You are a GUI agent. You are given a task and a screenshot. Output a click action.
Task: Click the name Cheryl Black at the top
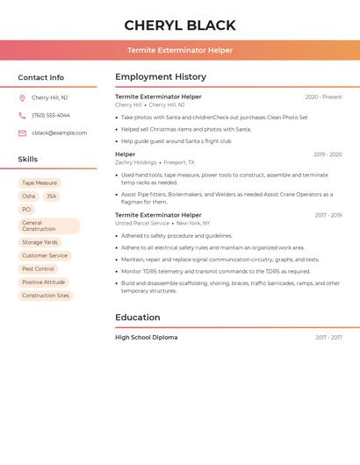(180, 25)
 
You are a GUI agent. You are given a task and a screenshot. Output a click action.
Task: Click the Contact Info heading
(40, 77)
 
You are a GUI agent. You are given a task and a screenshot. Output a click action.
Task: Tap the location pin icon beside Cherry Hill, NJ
(22, 98)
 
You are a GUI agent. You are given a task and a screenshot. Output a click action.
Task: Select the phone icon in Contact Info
(22, 116)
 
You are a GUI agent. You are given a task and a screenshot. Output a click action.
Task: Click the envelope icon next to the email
(22, 133)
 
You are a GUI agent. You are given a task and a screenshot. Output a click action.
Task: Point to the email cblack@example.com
(60, 133)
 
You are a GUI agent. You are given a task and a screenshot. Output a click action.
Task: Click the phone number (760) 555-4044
(51, 116)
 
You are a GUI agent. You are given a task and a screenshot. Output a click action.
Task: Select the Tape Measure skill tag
(40, 183)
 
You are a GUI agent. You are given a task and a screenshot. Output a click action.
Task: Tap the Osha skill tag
(29, 197)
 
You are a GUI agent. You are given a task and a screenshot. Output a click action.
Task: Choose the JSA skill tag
(51, 197)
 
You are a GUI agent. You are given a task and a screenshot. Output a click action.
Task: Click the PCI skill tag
(27, 210)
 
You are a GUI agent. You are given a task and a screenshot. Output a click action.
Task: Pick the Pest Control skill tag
(39, 269)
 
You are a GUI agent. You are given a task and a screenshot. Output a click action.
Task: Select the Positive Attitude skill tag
(44, 283)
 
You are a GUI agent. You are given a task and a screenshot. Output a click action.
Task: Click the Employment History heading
(161, 77)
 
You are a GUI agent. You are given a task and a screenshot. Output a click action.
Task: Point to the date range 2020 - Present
(323, 97)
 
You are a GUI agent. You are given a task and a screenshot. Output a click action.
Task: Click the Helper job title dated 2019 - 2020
(125, 154)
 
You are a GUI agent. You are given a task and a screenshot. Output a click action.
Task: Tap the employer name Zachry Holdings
(135, 162)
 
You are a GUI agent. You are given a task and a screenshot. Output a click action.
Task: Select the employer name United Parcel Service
(142, 223)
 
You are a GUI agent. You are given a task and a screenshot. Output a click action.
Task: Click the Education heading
(138, 318)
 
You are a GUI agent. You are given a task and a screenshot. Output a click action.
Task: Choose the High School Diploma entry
(146, 338)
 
